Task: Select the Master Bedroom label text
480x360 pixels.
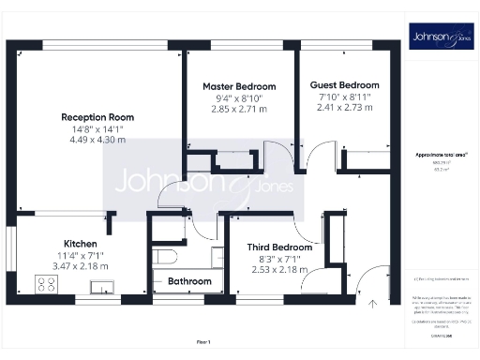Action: tap(238, 86)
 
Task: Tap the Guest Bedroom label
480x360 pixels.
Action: tap(344, 84)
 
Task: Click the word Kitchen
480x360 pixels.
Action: tap(80, 242)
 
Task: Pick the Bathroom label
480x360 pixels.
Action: tap(188, 281)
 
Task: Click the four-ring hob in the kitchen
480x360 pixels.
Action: tap(48, 283)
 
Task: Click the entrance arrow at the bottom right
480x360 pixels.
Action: tap(373, 302)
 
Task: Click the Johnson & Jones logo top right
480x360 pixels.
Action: tap(439, 37)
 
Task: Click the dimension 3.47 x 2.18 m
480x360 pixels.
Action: tap(80, 265)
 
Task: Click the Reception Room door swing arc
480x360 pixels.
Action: tap(172, 193)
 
